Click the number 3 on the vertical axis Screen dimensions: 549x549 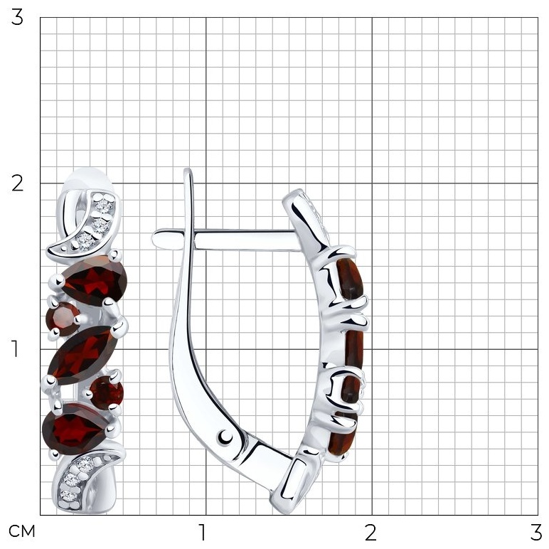[17, 18]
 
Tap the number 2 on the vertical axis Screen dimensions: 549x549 [17, 183]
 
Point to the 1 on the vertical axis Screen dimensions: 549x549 [15, 348]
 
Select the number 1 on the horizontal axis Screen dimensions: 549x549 [203, 532]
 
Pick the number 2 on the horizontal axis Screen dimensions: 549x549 [371, 532]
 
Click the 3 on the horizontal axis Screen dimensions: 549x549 [536, 532]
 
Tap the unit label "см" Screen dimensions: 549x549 [22, 531]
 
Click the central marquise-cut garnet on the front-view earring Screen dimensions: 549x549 [83, 355]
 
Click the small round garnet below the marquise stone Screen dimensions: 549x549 [107, 391]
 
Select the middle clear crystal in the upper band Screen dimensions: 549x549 [100, 226]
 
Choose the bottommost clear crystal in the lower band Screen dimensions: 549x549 [68, 496]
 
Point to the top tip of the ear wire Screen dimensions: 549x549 [188, 170]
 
